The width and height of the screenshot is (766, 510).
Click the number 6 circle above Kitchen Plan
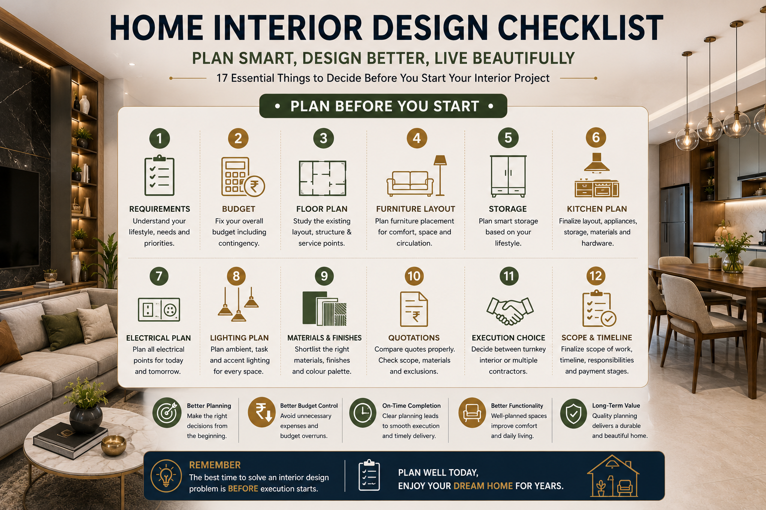pos(596,137)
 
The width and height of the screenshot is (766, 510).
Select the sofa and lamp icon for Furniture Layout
pos(416,176)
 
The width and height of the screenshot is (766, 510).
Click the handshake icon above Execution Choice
pos(510,310)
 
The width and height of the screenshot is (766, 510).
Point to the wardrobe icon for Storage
pos(508,176)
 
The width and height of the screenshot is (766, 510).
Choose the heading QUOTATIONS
pos(414,338)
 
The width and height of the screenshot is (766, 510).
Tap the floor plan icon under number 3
pos(323,178)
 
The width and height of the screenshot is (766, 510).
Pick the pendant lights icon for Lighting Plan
pos(238,304)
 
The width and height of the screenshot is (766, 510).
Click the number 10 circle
pos(414,276)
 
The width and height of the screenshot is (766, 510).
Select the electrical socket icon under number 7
pos(159,309)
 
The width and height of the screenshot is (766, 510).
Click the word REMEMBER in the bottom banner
pos(215,465)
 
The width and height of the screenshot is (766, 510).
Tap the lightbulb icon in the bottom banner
pos(166,476)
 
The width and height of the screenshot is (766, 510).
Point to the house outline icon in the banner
pos(613,476)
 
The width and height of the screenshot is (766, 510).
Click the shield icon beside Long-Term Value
pos(574,414)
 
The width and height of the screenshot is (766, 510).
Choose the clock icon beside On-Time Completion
pos(363,413)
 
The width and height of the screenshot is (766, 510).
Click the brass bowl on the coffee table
pos(114,445)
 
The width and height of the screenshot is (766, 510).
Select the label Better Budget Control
pos(309,406)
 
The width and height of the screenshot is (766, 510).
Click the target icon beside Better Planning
pos(167,413)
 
